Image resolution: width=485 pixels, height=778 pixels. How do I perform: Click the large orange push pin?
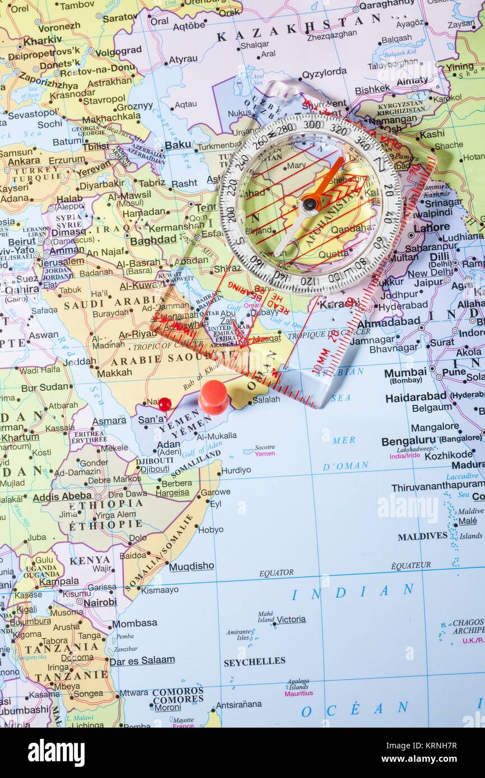pyautogui.click(x=213, y=396)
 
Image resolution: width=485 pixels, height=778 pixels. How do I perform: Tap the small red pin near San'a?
pyautogui.click(x=165, y=404)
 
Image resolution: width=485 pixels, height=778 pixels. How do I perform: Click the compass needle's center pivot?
pyautogui.click(x=309, y=204)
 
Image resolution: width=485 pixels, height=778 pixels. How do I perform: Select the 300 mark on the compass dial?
pyautogui.click(x=313, y=124)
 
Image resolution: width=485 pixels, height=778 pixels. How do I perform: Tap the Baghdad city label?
pyautogui.click(x=153, y=240)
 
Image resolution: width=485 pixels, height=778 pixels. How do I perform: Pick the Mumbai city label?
pyautogui.click(x=405, y=373)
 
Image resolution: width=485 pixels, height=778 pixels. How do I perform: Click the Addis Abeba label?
pyautogui.click(x=62, y=496)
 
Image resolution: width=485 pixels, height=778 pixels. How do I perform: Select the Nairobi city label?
pyautogui.click(x=100, y=602)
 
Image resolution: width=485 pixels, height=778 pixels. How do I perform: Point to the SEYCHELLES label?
pyautogui.click(x=254, y=662)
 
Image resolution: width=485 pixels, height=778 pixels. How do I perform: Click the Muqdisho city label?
pyautogui.click(x=191, y=566)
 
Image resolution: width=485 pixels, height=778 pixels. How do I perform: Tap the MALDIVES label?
pyautogui.click(x=422, y=536)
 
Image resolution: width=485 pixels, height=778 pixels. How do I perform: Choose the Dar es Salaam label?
pyautogui.click(x=142, y=660)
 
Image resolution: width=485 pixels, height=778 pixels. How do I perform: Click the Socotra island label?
pyautogui.click(x=264, y=447)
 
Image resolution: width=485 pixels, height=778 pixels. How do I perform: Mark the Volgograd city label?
pyautogui.click(x=118, y=50)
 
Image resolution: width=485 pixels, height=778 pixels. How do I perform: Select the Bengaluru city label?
pyautogui.click(x=408, y=441)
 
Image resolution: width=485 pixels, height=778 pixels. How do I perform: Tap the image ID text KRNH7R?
pyautogui.click(x=442, y=745)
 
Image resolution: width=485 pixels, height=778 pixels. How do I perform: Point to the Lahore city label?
pyautogui.click(x=431, y=227)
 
